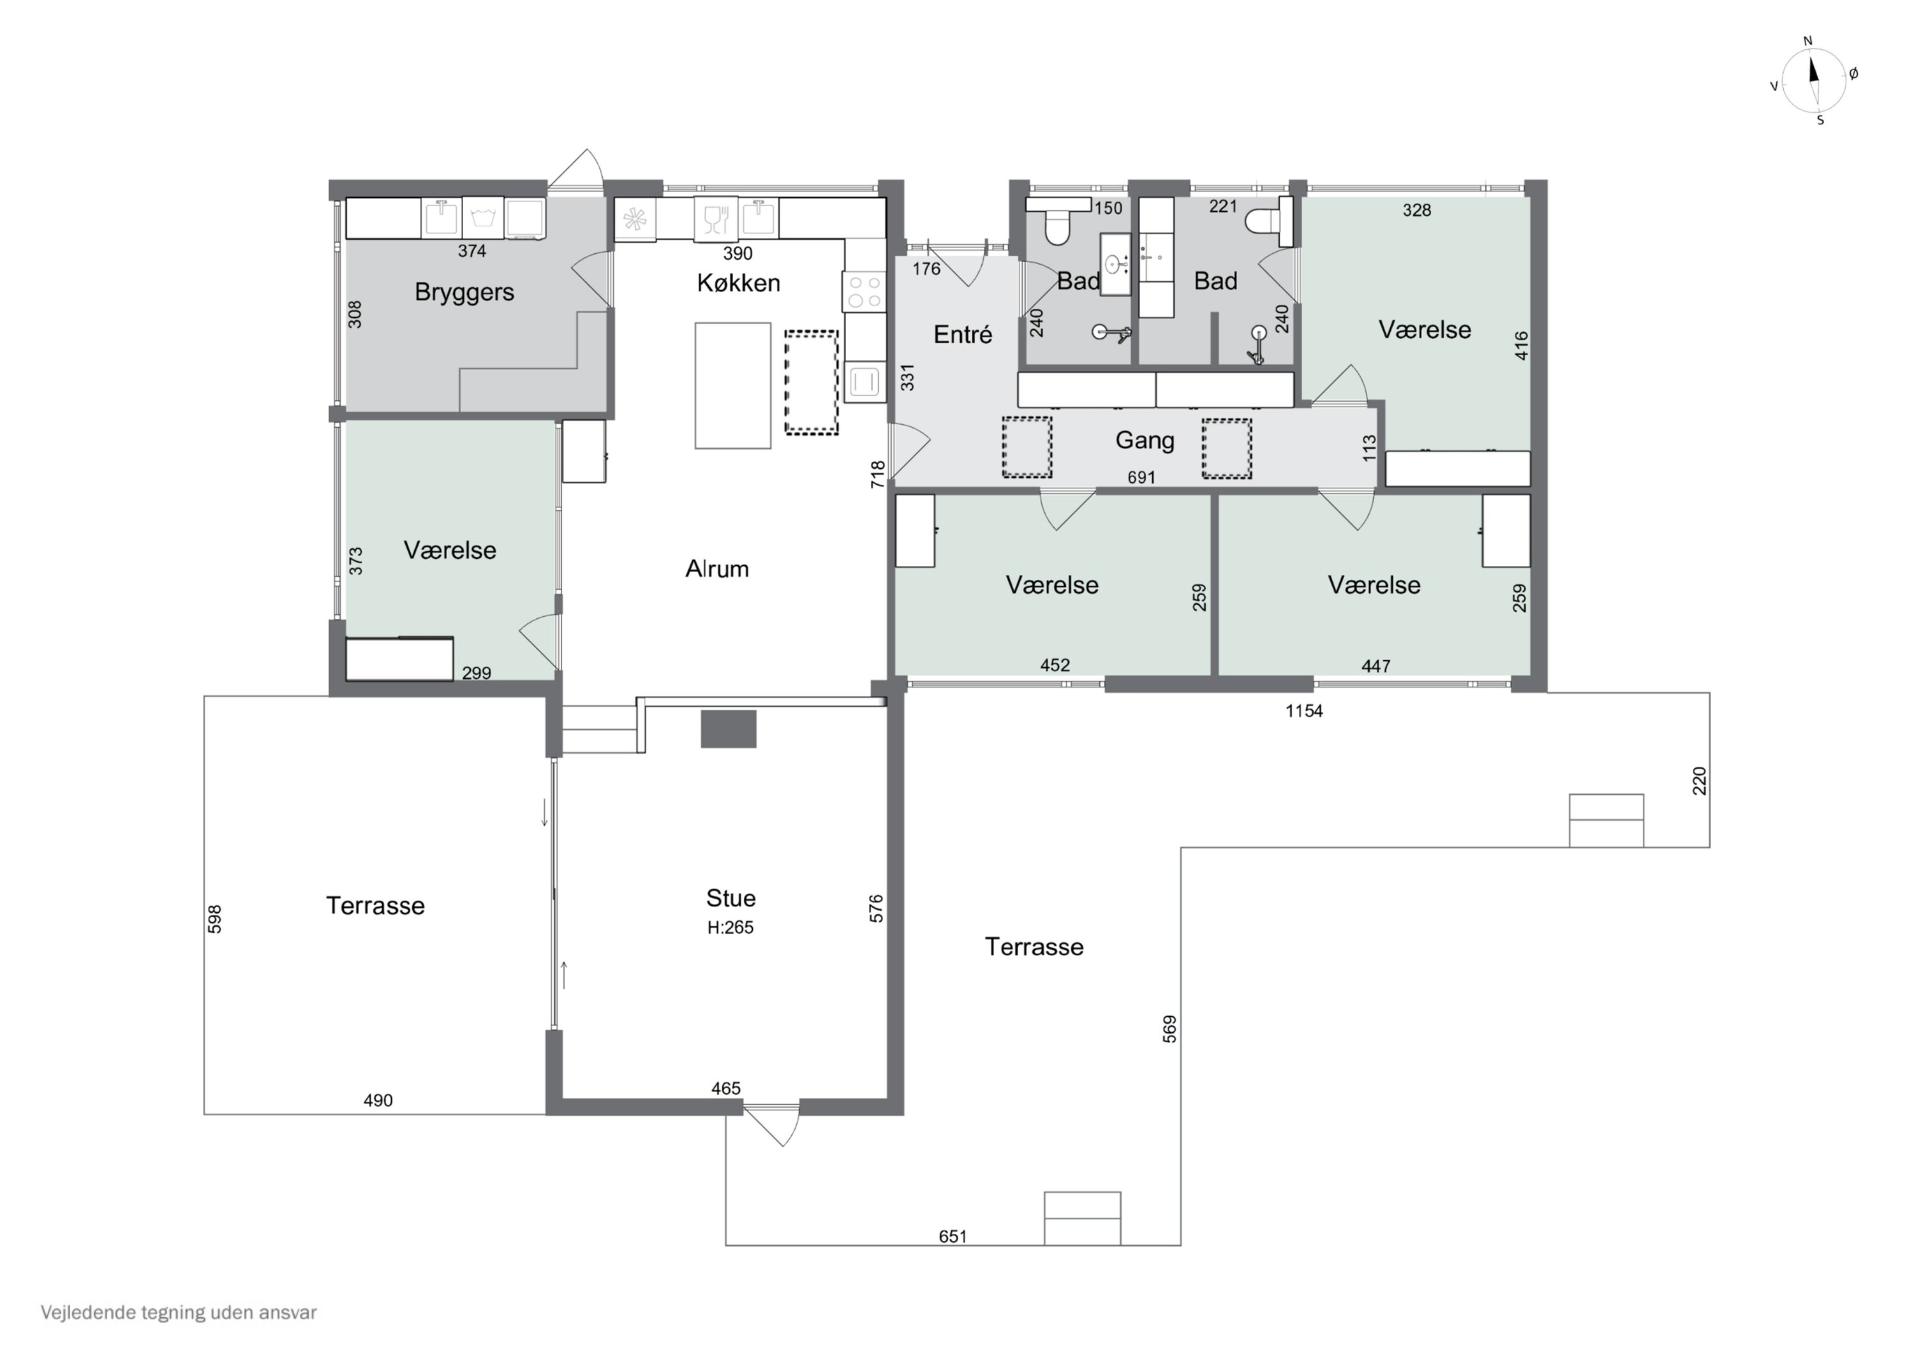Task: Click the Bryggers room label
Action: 464,293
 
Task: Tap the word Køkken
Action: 739,283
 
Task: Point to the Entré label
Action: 963,334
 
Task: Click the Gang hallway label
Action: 1145,440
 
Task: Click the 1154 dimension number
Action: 1304,711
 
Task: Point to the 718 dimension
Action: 878,475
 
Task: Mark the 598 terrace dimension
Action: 214,919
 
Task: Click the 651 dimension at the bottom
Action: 953,1236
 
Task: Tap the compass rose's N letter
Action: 1808,41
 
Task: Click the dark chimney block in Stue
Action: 729,728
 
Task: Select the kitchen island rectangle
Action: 733,386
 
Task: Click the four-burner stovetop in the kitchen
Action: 864,292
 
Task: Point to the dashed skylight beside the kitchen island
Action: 811,383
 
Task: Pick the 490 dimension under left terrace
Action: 378,1100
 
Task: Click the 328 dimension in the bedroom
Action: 1416,210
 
